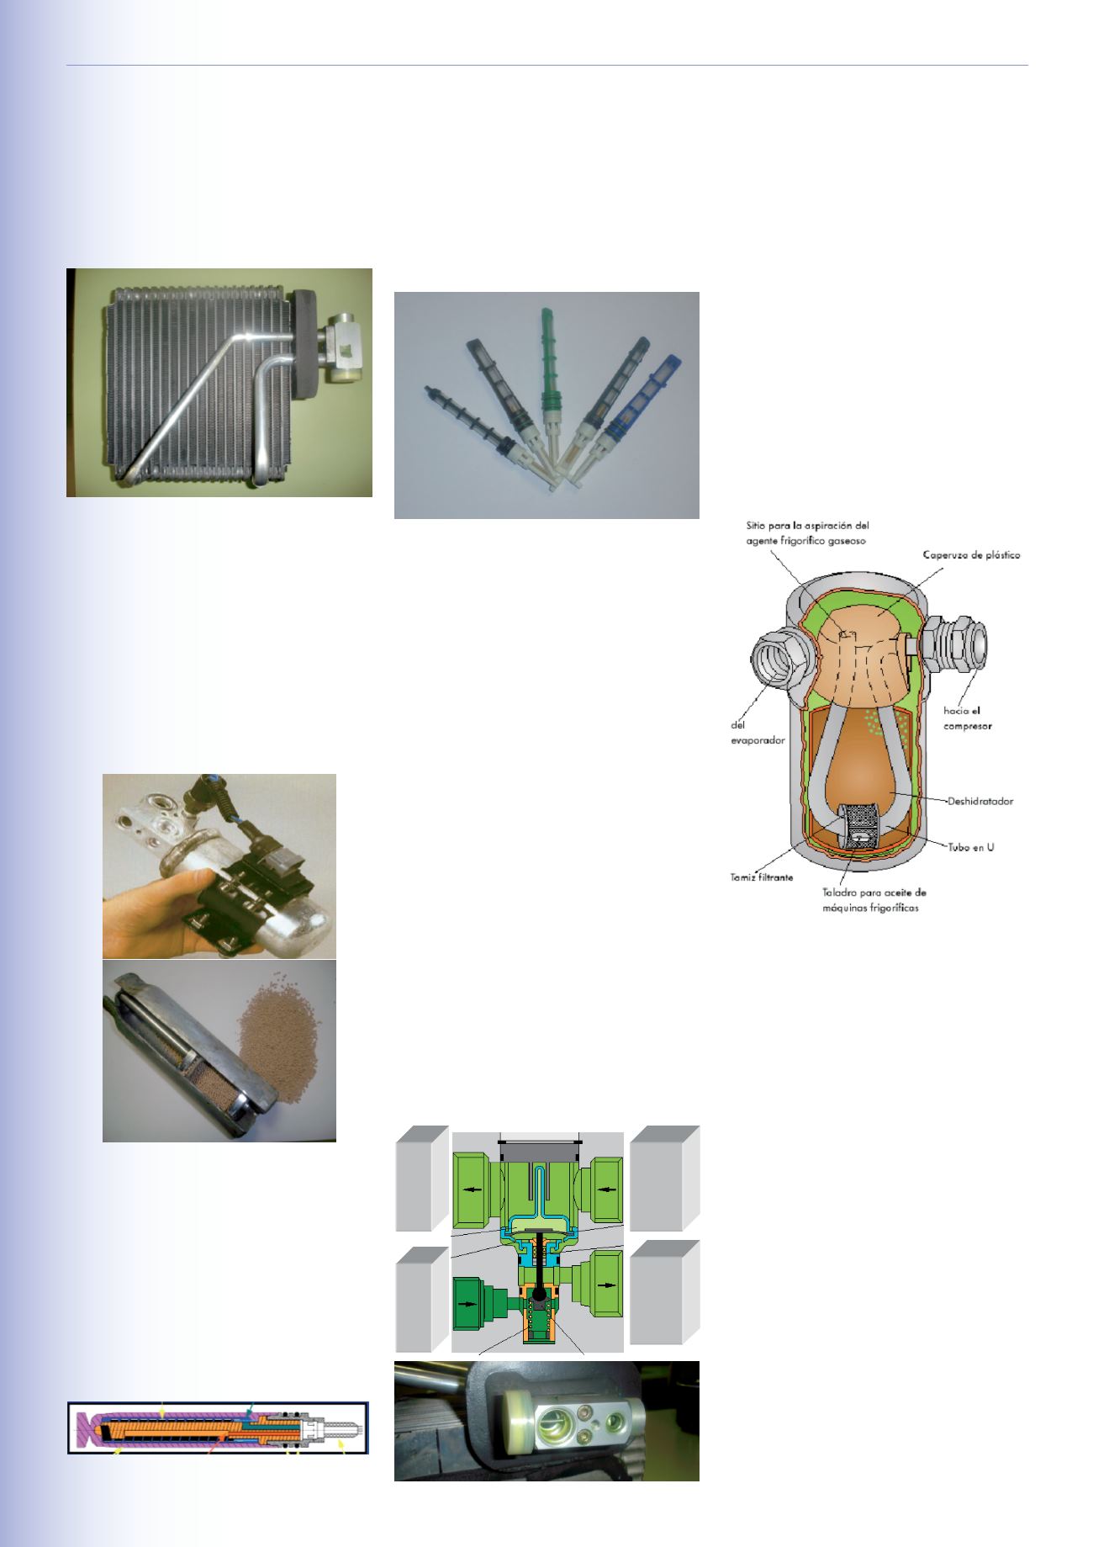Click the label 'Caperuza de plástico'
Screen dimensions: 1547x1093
tap(969, 556)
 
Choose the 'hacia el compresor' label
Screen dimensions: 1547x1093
tap(964, 718)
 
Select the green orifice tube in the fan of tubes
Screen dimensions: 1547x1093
tap(546, 370)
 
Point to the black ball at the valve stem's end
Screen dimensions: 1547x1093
tap(536, 1293)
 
